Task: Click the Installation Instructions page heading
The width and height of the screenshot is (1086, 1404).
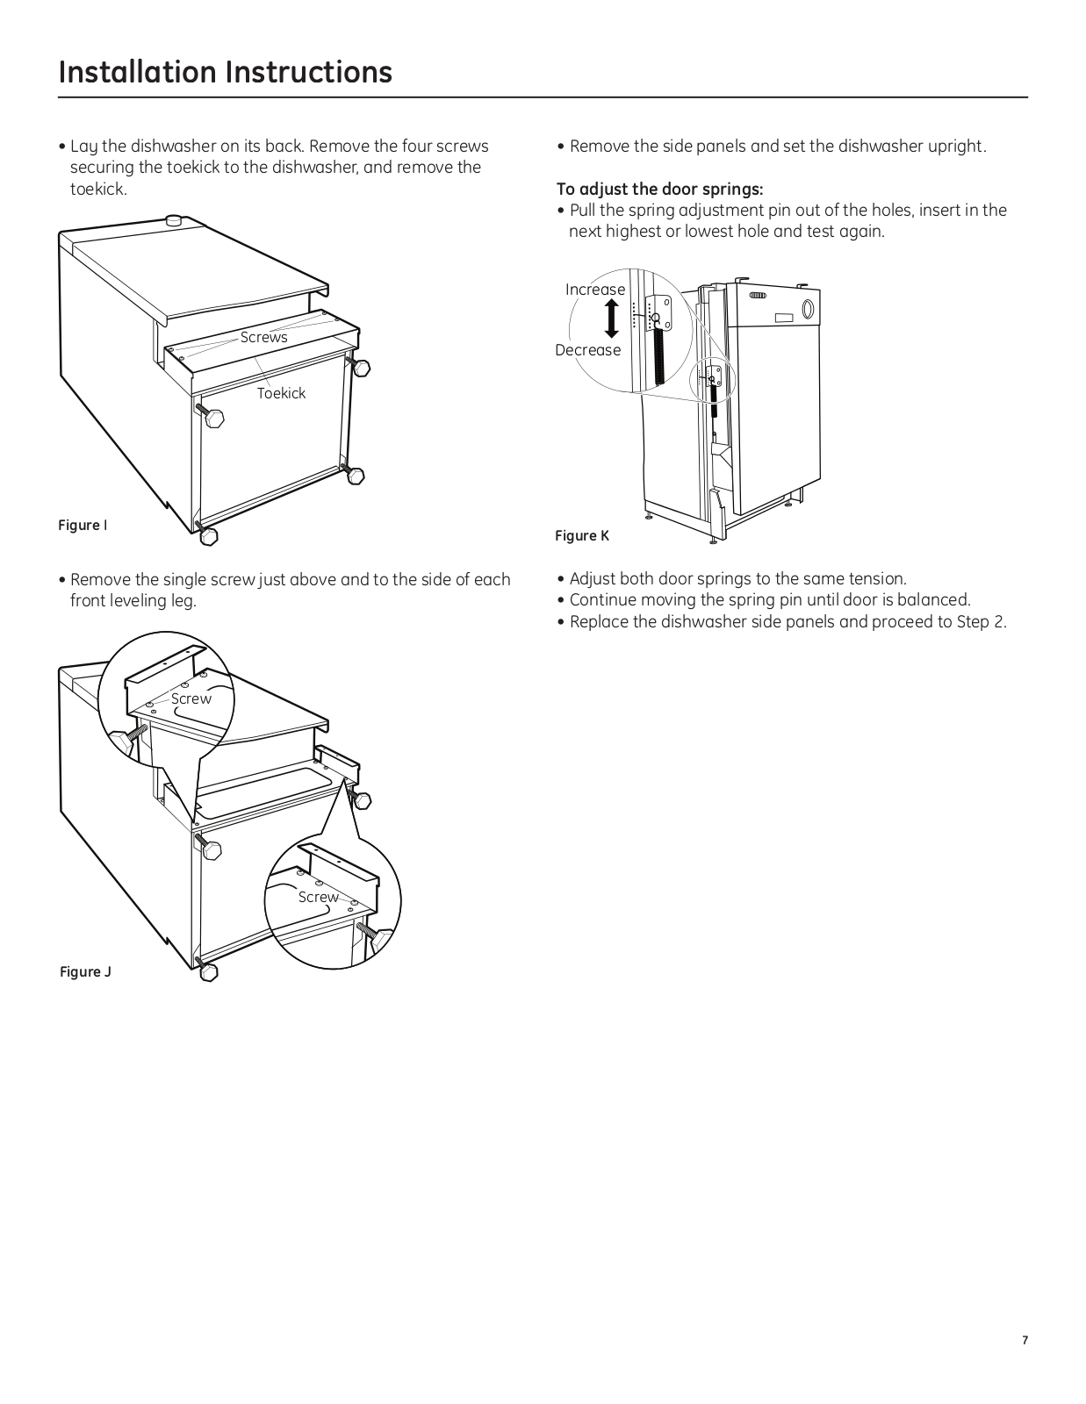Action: click(225, 72)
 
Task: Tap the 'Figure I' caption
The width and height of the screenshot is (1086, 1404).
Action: click(83, 525)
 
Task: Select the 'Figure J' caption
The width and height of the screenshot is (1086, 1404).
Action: click(85, 971)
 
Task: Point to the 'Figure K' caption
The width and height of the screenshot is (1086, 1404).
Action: click(581, 535)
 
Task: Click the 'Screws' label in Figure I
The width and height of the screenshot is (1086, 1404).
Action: click(263, 337)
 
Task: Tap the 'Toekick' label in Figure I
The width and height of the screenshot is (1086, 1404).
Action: click(281, 393)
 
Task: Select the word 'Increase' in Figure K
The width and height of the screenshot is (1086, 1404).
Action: click(595, 290)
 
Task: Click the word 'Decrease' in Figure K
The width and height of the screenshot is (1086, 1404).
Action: click(587, 350)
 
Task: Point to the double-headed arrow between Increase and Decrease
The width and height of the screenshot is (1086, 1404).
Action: click(612, 319)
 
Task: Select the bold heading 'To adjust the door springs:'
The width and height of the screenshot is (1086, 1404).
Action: click(659, 189)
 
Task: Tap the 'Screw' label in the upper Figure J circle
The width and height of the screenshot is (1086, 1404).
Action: click(191, 698)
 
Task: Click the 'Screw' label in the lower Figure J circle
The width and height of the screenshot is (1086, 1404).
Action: click(318, 897)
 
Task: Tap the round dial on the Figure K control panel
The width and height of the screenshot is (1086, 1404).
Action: click(808, 308)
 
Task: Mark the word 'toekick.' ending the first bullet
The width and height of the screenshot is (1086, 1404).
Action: click(98, 189)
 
